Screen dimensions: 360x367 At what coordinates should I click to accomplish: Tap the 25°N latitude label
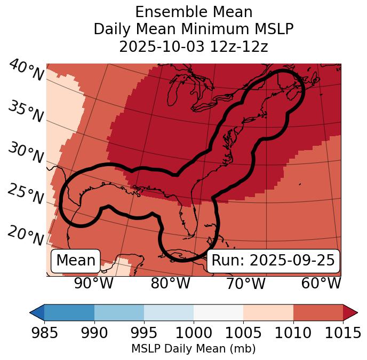[26, 195]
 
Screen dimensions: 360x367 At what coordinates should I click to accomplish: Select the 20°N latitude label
[26, 236]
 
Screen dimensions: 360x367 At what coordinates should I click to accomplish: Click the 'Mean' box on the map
[76, 261]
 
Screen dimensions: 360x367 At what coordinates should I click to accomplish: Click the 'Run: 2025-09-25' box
[273, 261]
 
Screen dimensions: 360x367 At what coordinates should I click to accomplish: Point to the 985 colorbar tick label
[45, 333]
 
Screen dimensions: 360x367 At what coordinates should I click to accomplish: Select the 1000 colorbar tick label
[194, 333]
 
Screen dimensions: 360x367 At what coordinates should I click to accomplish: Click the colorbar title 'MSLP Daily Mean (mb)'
[194, 349]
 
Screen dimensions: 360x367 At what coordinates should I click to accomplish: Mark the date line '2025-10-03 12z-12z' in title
[194, 46]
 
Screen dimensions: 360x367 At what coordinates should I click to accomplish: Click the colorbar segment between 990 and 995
[119, 312]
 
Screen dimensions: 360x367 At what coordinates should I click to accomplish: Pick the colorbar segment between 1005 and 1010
[268, 312]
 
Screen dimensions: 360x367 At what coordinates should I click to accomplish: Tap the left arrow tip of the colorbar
[31, 312]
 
